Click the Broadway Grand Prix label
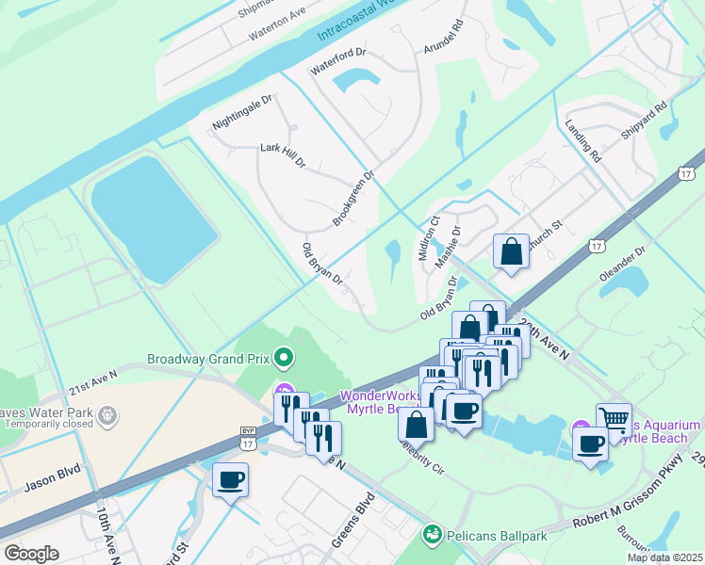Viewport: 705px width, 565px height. point(207,359)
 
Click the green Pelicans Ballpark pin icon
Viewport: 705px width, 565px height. point(433,536)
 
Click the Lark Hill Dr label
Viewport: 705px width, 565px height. point(283,155)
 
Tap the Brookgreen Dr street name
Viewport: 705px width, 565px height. point(353,198)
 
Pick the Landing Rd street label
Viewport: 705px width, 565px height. point(582,141)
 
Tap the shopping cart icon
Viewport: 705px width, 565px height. point(614,420)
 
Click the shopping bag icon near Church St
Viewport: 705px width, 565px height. point(511,251)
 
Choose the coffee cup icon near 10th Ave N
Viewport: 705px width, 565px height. point(231,480)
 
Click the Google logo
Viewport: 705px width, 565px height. point(32,553)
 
